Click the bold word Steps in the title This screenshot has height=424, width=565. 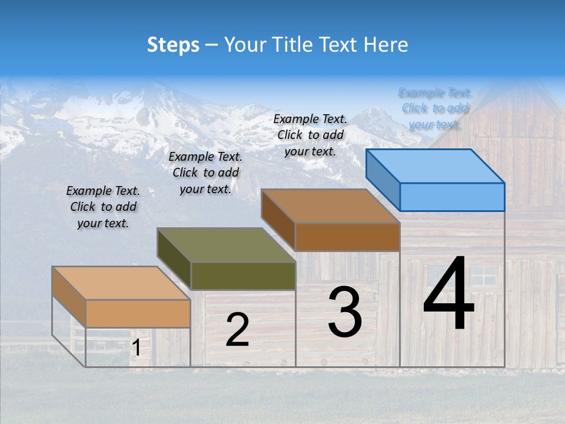coord(173,45)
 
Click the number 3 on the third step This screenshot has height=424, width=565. coord(345,312)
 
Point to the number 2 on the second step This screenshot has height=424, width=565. coord(237,330)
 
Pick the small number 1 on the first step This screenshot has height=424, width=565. coord(137,348)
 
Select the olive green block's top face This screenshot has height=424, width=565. coord(226,245)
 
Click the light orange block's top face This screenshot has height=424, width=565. coord(121,283)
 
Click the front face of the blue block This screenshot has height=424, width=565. coord(452,197)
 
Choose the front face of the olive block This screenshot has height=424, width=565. coord(243,276)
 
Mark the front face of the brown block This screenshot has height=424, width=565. coord(347,237)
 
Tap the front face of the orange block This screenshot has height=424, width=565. coord(138,313)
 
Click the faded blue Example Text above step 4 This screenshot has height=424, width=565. coord(435,108)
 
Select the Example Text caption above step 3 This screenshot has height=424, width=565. coord(310,135)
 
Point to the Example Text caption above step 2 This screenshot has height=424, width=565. coord(205,173)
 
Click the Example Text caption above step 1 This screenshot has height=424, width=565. coord(103,207)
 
